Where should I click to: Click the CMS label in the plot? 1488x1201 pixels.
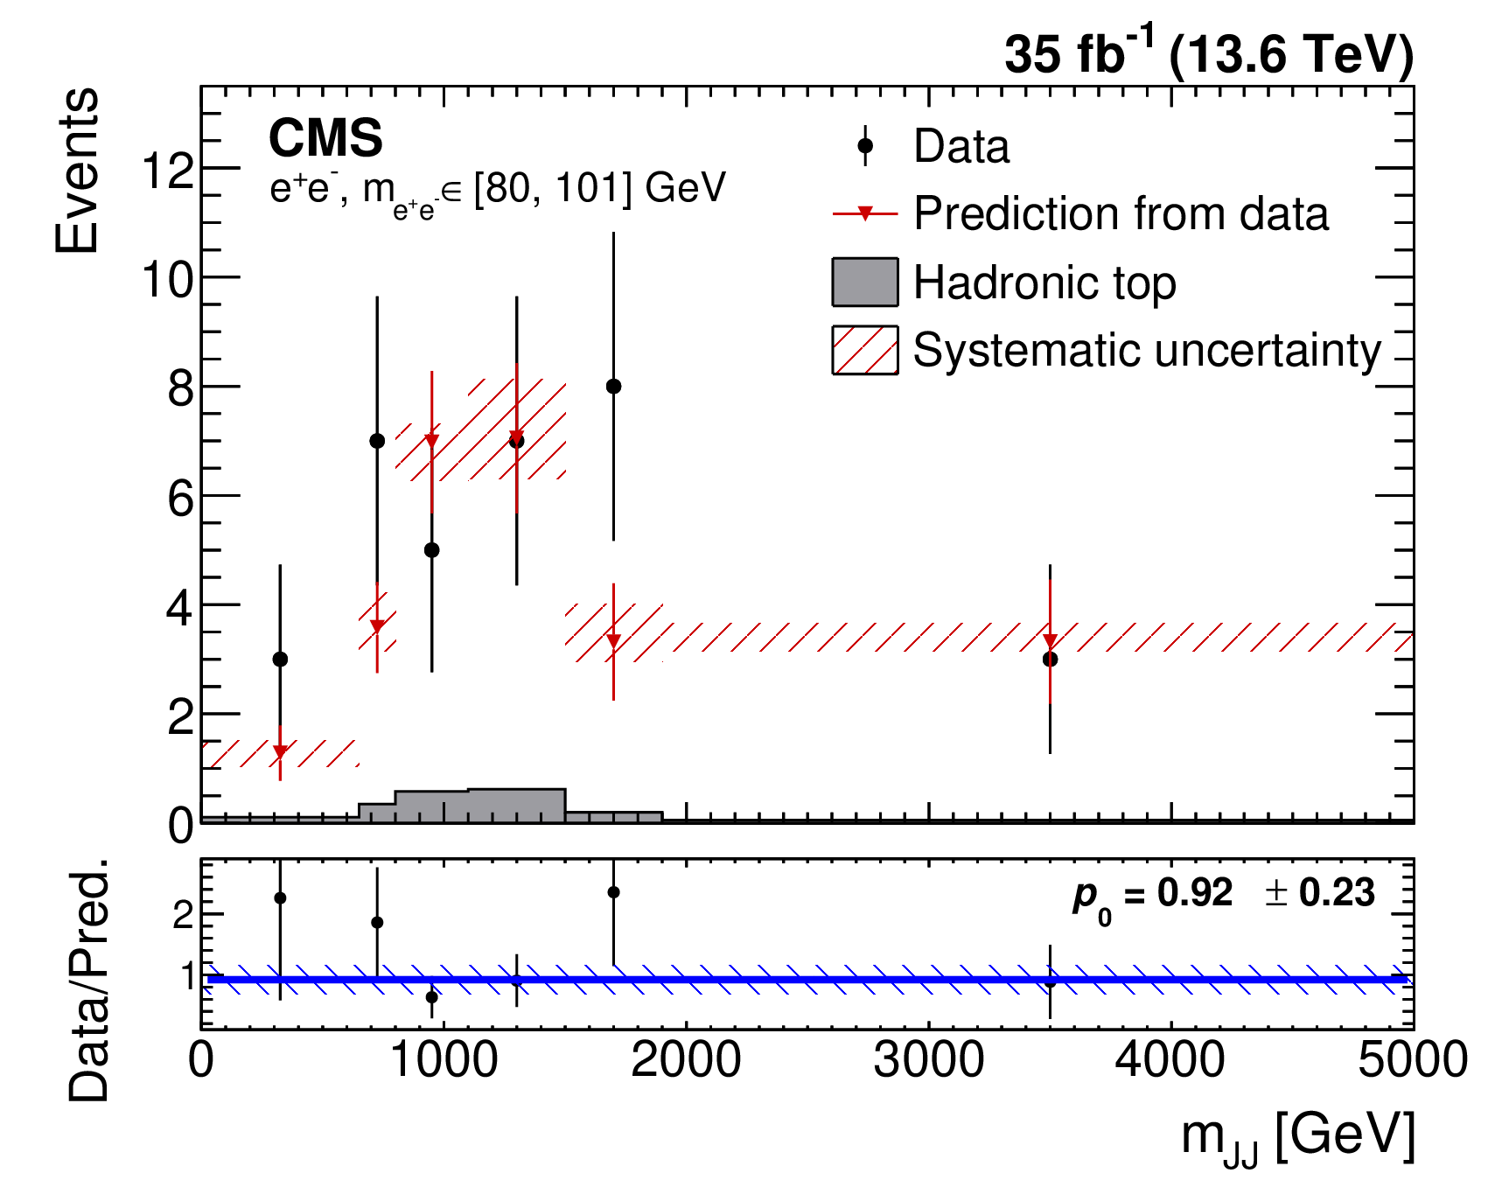tap(325, 138)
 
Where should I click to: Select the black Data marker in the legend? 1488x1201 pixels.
tap(865, 146)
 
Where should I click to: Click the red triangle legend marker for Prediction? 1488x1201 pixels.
tap(865, 213)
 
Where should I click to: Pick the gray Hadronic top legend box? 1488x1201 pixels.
tap(865, 282)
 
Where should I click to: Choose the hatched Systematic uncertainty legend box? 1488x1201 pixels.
tap(865, 350)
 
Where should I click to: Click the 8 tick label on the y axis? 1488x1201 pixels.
tap(181, 388)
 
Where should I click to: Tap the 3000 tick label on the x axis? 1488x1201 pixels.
tap(928, 1060)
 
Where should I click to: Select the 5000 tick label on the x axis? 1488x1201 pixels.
tap(1413, 1060)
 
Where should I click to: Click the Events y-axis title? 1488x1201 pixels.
tap(77, 171)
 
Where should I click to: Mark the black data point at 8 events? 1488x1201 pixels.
tap(613, 387)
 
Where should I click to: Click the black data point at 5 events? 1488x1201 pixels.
tap(431, 550)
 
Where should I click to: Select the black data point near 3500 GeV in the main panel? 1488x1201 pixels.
tap(1050, 660)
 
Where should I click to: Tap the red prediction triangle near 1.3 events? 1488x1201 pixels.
tap(280, 752)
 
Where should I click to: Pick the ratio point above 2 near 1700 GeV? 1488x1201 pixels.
tap(613, 892)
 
